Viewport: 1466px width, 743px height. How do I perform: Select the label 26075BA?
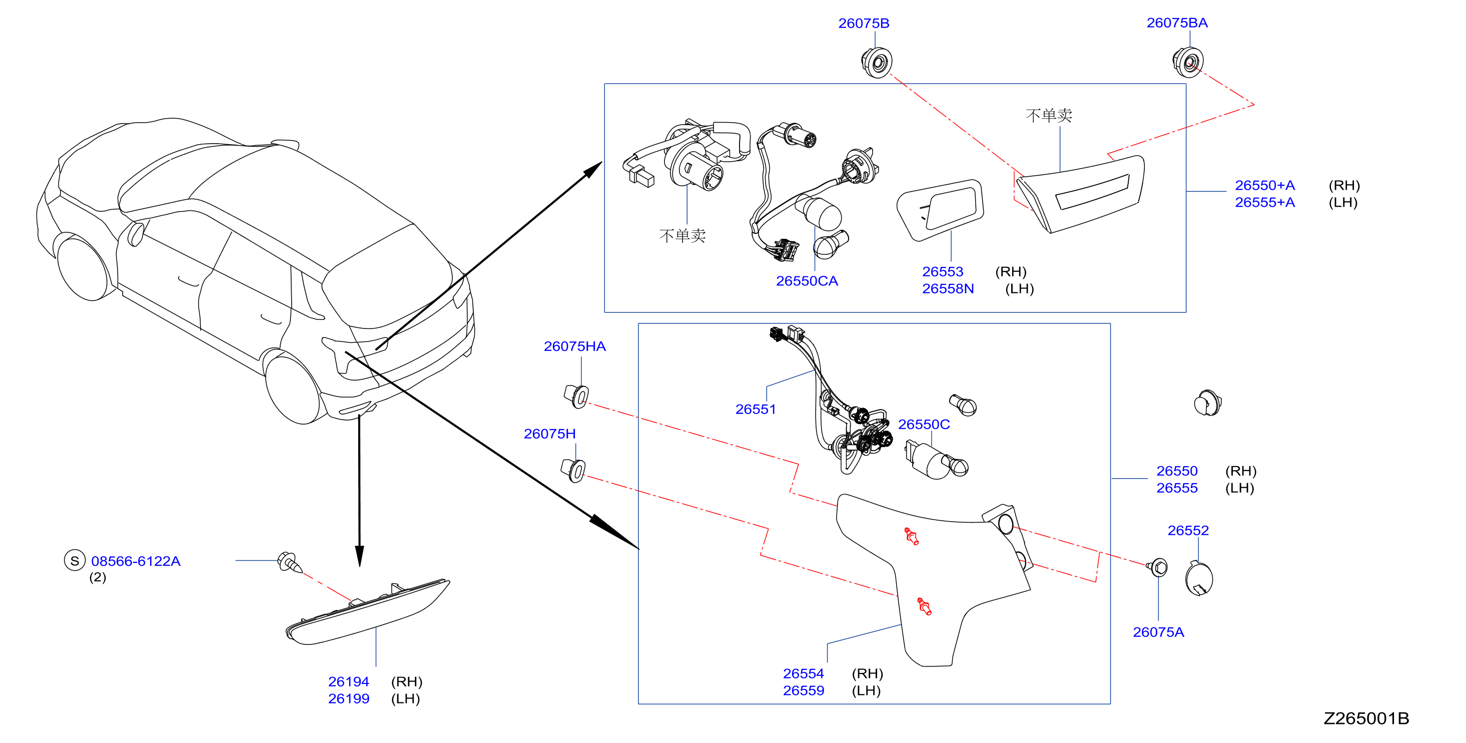1177,23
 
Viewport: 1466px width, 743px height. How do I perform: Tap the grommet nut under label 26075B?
877,63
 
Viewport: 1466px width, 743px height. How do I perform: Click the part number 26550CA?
807,281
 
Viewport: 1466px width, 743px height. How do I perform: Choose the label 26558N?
948,289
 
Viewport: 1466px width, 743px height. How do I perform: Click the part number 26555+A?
1264,202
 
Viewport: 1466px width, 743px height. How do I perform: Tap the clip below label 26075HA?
576,396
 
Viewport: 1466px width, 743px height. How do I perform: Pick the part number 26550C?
924,424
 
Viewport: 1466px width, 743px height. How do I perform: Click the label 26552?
1188,530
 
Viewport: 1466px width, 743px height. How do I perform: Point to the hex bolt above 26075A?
1158,567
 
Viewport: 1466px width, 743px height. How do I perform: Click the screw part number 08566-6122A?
136,561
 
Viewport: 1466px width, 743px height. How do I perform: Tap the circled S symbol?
75,561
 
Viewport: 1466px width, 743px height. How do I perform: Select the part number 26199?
348,698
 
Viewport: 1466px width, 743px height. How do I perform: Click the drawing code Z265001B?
1366,718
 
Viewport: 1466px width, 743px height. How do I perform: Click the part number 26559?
803,690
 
